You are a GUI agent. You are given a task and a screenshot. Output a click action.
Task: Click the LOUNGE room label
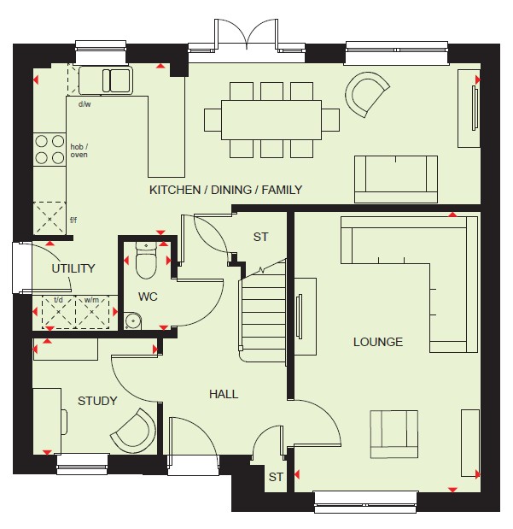tap(378, 342)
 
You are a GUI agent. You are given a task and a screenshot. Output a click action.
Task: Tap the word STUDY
tap(97, 401)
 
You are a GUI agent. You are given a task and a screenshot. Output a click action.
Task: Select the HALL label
tap(224, 394)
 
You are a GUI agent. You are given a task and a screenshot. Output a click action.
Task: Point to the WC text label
tap(148, 297)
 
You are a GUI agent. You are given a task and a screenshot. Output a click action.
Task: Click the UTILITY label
tap(73, 268)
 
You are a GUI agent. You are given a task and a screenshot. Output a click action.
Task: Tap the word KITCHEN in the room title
tap(175, 190)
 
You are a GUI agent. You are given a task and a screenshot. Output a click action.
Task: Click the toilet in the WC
tap(146, 260)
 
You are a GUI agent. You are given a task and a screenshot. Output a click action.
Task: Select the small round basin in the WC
tap(133, 320)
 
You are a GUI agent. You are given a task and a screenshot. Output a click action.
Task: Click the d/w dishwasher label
tap(85, 104)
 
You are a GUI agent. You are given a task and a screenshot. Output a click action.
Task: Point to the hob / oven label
tap(79, 150)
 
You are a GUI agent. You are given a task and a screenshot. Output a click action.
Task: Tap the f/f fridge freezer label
tap(73, 220)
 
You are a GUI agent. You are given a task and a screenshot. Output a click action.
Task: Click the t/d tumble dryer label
tap(58, 300)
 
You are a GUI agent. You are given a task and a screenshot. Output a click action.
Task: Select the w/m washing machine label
tap(91, 300)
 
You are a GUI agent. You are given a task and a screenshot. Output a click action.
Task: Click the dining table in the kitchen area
tap(271, 120)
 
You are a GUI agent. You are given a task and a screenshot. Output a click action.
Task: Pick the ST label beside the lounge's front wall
tap(276, 477)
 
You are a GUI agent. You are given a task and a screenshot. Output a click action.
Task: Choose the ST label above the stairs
tap(260, 237)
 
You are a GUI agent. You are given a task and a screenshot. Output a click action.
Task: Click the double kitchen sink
tap(106, 80)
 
